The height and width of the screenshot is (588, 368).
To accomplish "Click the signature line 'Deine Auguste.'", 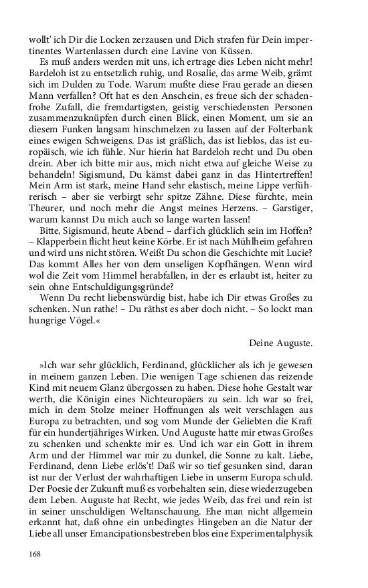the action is (x=280, y=343).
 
